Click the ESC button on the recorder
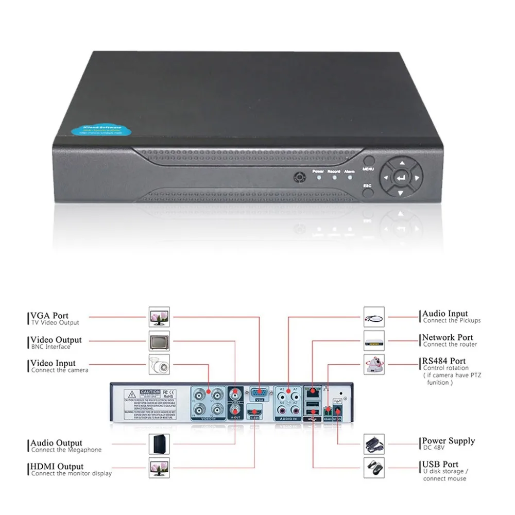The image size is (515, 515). click(367, 193)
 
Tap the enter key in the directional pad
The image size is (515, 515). click(401, 178)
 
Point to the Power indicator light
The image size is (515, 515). click(319, 178)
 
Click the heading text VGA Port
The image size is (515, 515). click(49, 316)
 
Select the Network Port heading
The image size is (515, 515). click(448, 337)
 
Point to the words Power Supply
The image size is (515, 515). click(449, 441)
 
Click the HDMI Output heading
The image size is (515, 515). click(57, 467)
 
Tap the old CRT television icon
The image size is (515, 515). click(159, 340)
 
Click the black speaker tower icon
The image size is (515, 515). click(159, 444)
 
